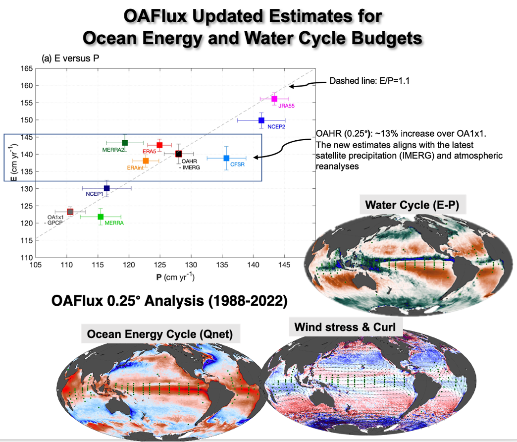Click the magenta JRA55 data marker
pyautogui.click(x=274, y=99)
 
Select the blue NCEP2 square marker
pyautogui.click(x=261, y=120)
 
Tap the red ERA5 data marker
pyautogui.click(x=159, y=145)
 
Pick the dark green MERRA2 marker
pyautogui.click(x=125, y=143)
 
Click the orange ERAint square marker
pyautogui.click(x=146, y=161)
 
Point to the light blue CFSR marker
pyautogui.click(x=226, y=158)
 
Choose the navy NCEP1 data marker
pyautogui.click(x=106, y=188)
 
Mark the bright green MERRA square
pyautogui.click(x=101, y=217)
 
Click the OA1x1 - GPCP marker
pyautogui.click(x=70, y=212)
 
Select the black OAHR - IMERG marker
pyautogui.click(x=179, y=154)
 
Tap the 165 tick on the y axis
pyautogui.click(x=27, y=68)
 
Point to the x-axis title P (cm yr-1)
pyautogui.click(x=175, y=277)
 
